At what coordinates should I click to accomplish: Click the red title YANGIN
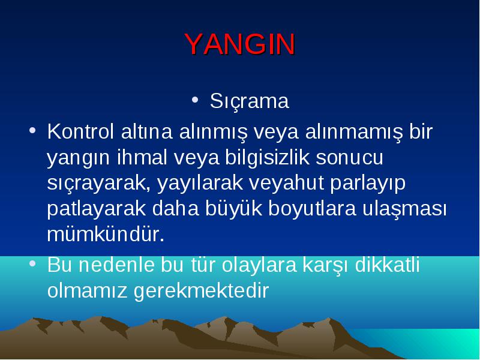click(x=240, y=44)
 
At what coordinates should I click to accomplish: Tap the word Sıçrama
click(x=249, y=101)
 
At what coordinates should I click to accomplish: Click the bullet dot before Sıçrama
click(x=195, y=100)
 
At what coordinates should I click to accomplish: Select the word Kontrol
click(x=80, y=131)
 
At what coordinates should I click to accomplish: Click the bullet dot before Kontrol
click(x=32, y=130)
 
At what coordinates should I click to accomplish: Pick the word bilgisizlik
click(x=267, y=158)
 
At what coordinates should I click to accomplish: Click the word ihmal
click(x=142, y=157)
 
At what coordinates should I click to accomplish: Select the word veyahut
click(x=286, y=184)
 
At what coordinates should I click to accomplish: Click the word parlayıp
click(x=368, y=184)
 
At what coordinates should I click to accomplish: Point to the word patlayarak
click(x=97, y=209)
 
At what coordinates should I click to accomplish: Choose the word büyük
click(x=233, y=209)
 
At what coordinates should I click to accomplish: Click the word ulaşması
click(x=404, y=209)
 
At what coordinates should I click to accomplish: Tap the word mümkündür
click(x=106, y=235)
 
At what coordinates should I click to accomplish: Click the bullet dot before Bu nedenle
click(x=32, y=263)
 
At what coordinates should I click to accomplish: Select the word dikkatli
click(x=387, y=265)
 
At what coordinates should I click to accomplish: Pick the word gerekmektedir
click(x=202, y=291)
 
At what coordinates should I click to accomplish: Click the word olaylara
click(x=259, y=265)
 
